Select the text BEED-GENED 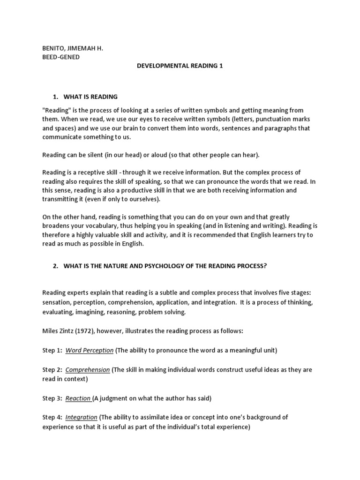coord(61,57)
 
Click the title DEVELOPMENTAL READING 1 coord(180,66)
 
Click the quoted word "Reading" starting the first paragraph coord(56,111)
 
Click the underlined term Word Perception coord(90,350)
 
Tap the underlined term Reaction coord(78,398)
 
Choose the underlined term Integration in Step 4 coord(82,417)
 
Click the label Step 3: coord(52,398)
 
